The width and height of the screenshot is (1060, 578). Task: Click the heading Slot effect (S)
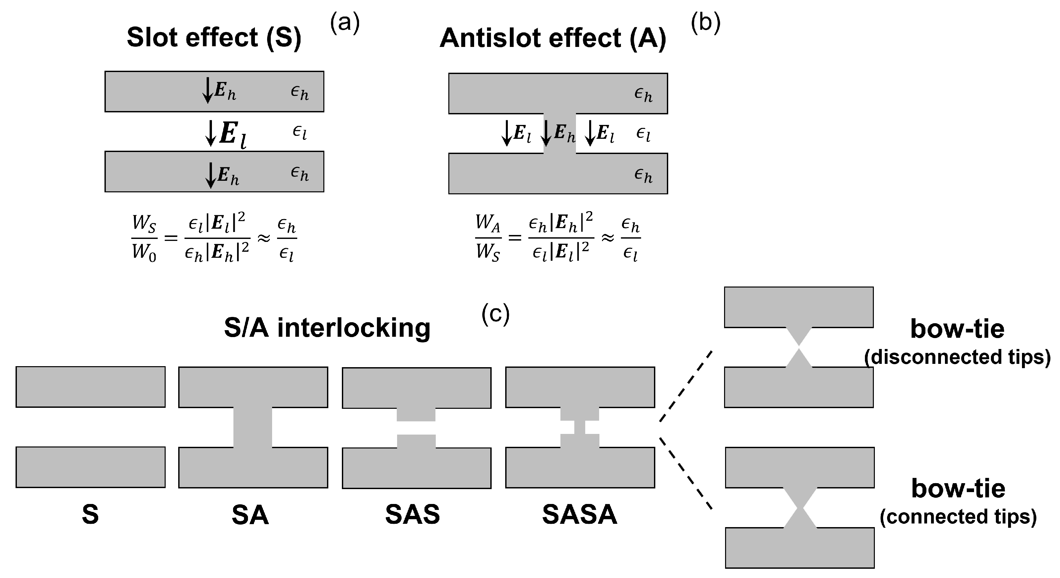tap(214, 38)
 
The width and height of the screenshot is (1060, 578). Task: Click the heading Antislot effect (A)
tap(552, 39)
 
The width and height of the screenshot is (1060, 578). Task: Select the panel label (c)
tap(495, 315)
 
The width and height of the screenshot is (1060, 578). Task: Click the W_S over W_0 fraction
tap(144, 238)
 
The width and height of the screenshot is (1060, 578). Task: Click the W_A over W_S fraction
tap(488, 238)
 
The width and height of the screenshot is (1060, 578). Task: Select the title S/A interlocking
tap(327, 328)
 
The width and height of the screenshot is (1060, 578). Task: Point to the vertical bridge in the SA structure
tap(253, 427)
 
